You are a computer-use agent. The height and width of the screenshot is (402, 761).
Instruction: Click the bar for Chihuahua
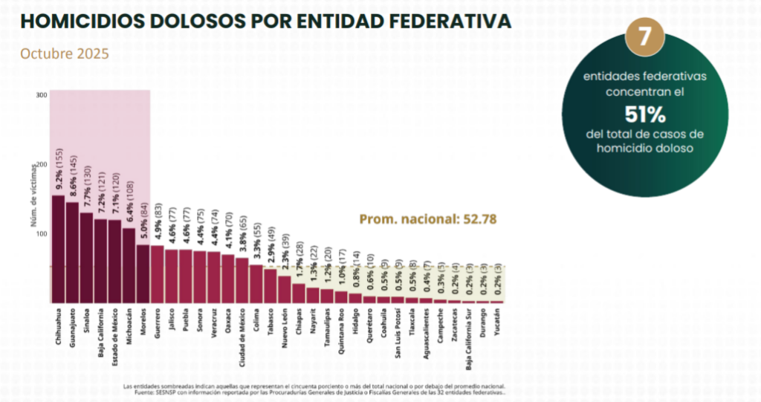pos(58,249)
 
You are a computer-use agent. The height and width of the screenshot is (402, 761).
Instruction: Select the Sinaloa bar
pos(86,258)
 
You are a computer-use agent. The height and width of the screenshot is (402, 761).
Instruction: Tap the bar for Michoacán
pos(129,265)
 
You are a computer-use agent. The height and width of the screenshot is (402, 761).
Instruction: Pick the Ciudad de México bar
pos(242,280)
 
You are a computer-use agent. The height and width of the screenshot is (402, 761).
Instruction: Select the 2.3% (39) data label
pos(284,252)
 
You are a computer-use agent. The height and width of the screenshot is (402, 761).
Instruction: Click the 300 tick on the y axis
pos(42,94)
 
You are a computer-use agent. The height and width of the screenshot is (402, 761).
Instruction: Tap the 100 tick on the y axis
pos(42,234)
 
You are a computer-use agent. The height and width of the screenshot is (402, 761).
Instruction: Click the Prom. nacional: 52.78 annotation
pos(427,219)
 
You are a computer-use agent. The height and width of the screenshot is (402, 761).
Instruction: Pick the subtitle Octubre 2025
pos(65,54)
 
